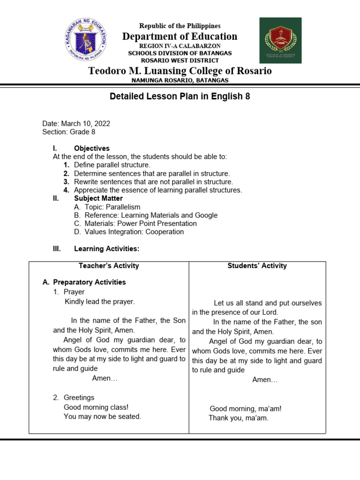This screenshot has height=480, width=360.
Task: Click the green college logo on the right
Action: (280, 40)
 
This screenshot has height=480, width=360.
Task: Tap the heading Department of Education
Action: (180, 37)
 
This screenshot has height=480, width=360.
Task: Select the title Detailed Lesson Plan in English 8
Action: (180, 97)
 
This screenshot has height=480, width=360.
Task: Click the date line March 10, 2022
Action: (76, 124)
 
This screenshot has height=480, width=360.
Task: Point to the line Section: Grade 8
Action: (69, 132)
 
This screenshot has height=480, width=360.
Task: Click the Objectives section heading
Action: (92, 148)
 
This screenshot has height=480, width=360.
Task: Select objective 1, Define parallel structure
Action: (112, 165)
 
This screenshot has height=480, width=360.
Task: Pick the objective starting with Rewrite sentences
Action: (153, 182)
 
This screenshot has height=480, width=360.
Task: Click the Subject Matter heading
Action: (98, 198)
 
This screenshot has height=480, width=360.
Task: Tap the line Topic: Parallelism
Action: (112, 207)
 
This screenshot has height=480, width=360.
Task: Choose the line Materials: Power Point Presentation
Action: (141, 224)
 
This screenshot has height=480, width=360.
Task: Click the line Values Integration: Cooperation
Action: (134, 232)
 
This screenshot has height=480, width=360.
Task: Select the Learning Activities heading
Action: (106, 248)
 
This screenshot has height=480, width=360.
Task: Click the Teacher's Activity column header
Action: (109, 266)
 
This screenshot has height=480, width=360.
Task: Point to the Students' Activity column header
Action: (257, 266)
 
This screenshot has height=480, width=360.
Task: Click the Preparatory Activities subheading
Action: (89, 282)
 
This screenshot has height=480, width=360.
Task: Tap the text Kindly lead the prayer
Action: (99, 301)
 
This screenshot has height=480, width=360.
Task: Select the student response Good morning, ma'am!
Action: (246, 409)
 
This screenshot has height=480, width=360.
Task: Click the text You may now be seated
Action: (102, 416)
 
